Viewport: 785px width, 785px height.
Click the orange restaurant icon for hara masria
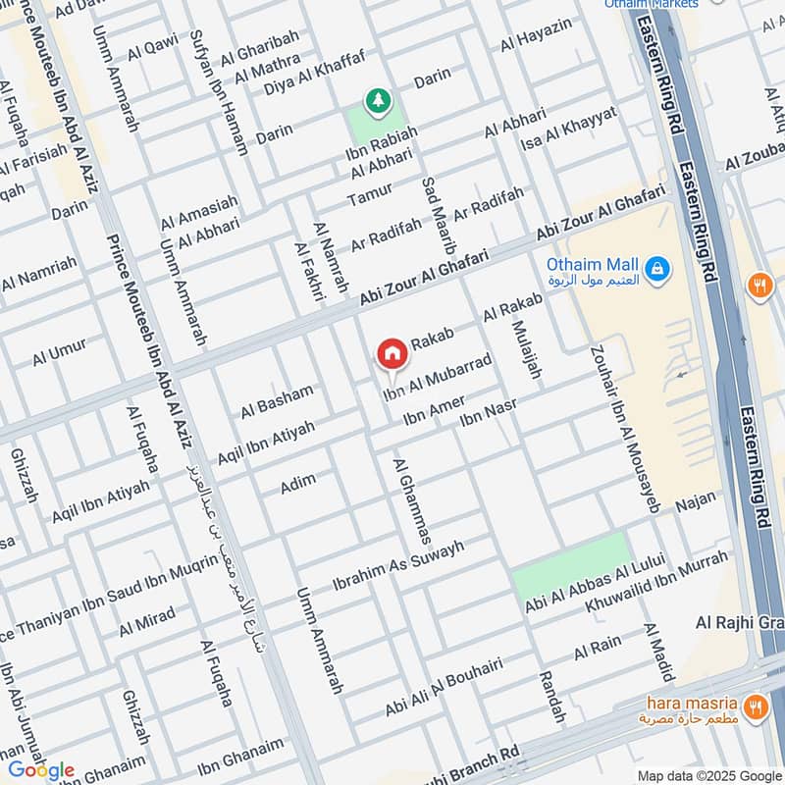pos(755,705)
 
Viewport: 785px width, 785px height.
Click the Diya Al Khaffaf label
pos(314,71)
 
